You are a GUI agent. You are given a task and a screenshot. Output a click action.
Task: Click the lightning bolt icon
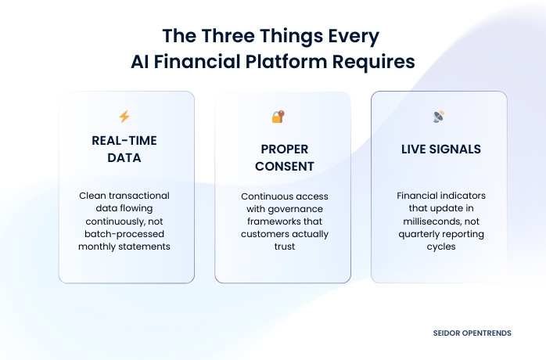pos(124,117)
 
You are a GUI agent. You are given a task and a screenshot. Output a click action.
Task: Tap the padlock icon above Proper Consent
pos(278,117)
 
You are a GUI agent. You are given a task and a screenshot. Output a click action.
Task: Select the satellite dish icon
pos(438,117)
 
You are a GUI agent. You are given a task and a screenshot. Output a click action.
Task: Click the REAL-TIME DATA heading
pos(126,149)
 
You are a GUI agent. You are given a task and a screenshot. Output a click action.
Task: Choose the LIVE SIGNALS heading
pos(438,149)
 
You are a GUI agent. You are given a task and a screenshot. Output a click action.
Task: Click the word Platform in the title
pos(293,62)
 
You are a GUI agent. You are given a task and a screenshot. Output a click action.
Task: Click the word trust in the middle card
pos(282,247)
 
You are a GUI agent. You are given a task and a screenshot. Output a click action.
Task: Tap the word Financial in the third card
pos(416,196)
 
